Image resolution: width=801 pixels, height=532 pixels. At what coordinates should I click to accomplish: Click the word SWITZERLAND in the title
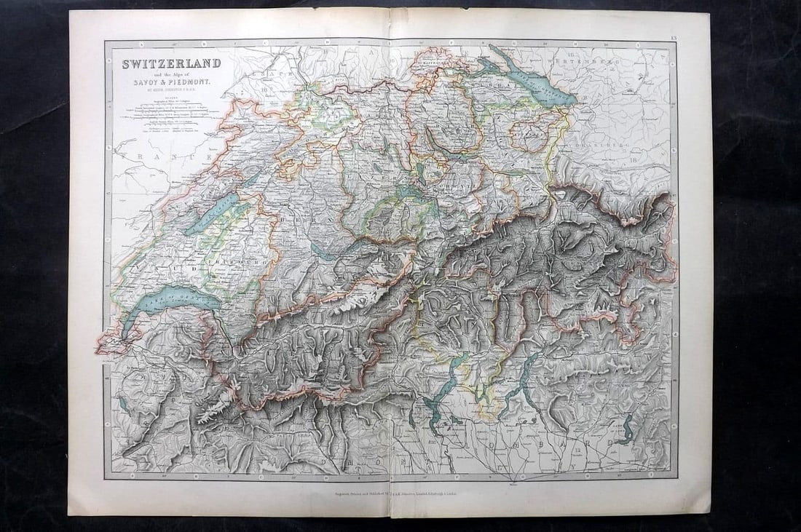[171, 63]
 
